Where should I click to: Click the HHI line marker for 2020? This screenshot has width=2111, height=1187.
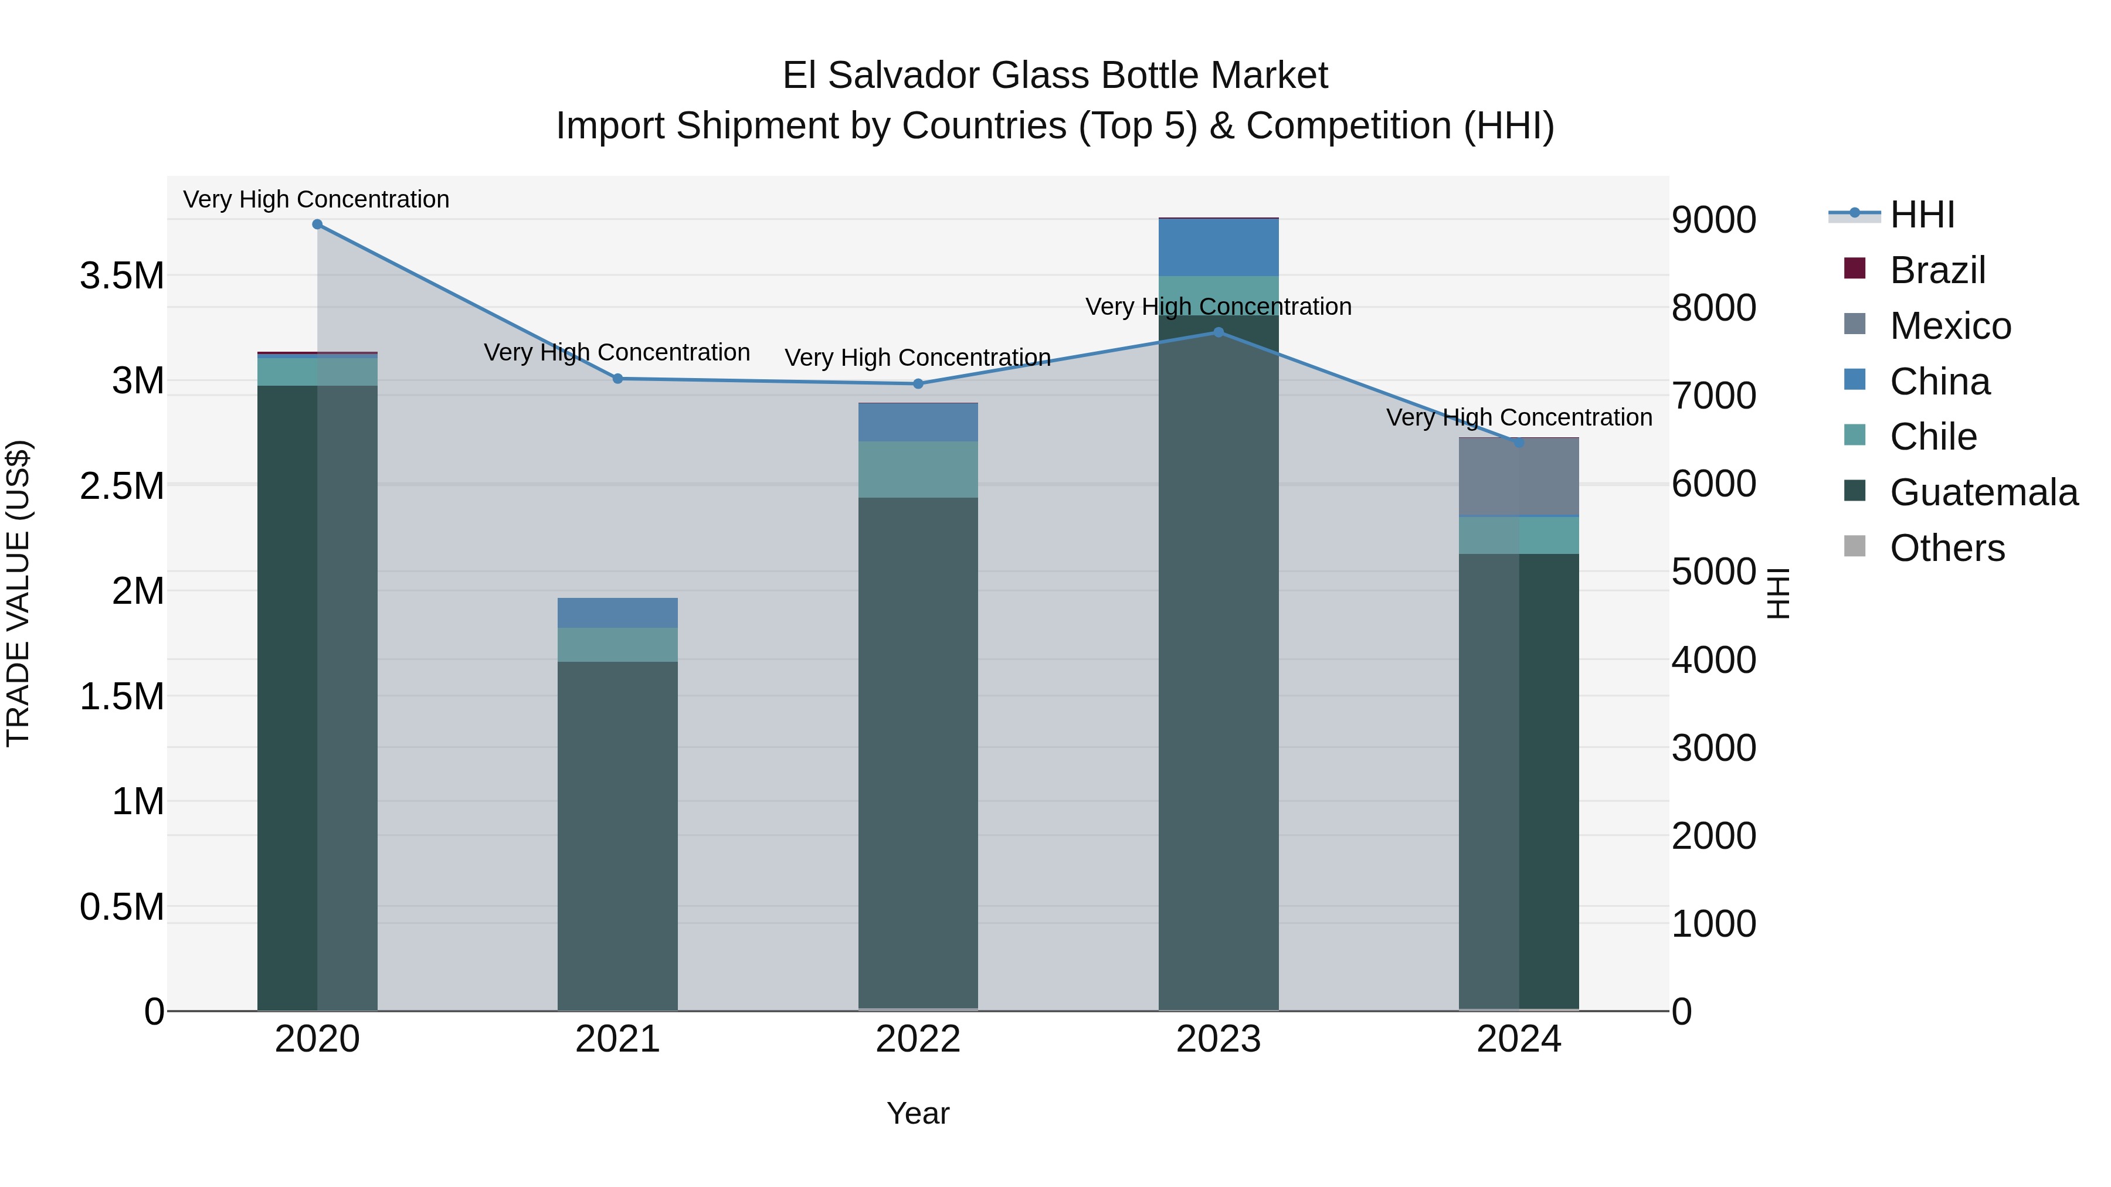point(317,225)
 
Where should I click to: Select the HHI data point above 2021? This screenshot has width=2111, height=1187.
point(618,379)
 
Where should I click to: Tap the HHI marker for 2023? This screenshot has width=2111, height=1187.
point(1219,332)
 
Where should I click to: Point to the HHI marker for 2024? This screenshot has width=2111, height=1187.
point(1519,443)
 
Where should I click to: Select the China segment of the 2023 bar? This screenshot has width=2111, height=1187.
point(1219,247)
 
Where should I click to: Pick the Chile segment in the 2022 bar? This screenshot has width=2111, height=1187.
point(918,470)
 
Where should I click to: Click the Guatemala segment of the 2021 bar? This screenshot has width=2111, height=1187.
point(618,835)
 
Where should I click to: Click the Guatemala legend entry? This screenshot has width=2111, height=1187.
point(1983,492)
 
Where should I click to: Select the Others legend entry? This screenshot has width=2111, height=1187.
point(1947,548)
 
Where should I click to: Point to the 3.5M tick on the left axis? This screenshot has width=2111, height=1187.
point(122,276)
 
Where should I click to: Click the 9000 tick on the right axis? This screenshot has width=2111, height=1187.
point(1713,220)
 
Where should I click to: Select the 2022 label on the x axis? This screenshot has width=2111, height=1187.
point(918,1039)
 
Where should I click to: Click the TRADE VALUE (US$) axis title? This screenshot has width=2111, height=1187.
point(18,593)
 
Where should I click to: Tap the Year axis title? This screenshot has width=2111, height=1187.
point(918,1113)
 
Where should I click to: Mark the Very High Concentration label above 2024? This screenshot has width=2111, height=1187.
point(1519,418)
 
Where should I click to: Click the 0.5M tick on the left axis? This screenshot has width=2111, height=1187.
point(122,907)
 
